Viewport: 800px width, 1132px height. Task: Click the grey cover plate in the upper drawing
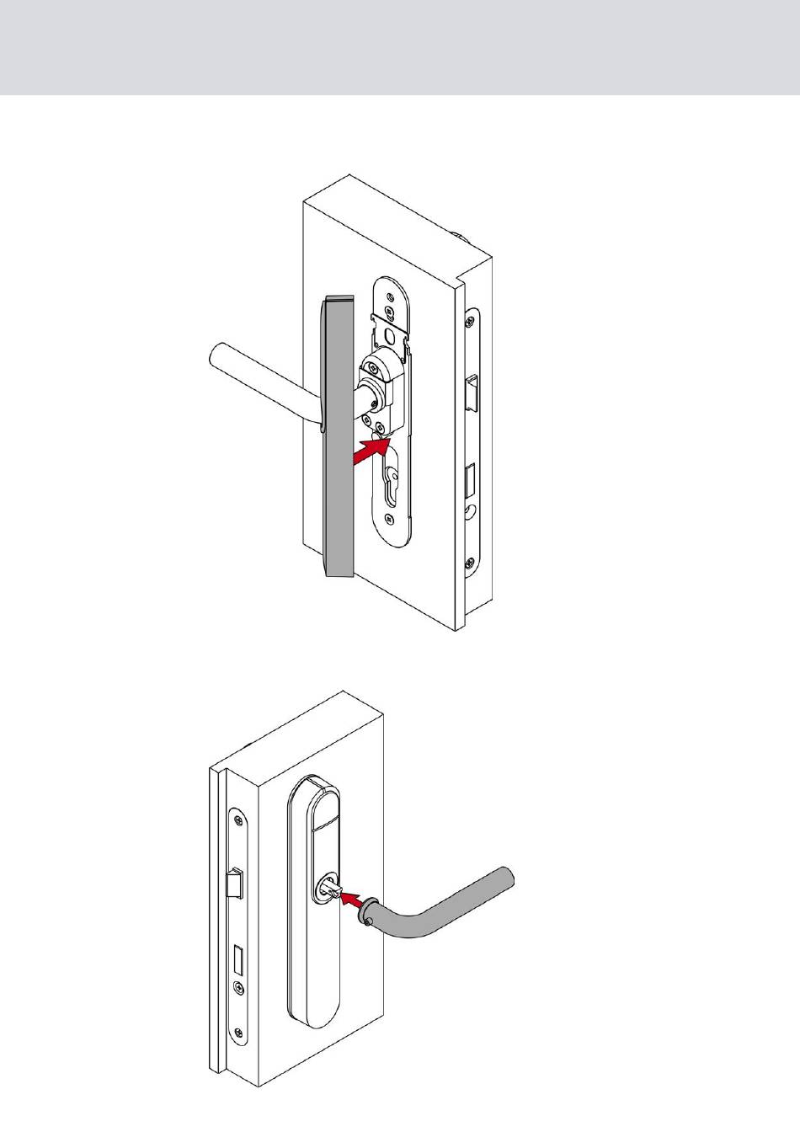click(x=339, y=438)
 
